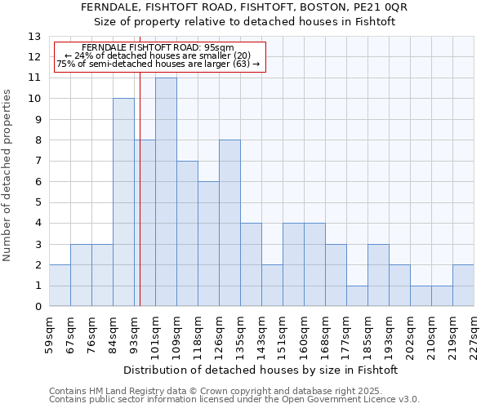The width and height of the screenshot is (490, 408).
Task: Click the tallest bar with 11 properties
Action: [x=166, y=192]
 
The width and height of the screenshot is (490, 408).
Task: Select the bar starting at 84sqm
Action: [x=123, y=202]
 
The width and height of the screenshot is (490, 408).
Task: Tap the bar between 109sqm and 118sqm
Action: [x=187, y=233]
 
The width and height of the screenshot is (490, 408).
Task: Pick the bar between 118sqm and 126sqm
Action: [x=208, y=244]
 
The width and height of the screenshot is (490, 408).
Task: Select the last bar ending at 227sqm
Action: [x=463, y=286]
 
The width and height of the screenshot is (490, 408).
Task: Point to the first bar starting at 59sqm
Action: [x=60, y=286]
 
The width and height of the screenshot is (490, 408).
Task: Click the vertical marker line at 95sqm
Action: [x=140, y=180]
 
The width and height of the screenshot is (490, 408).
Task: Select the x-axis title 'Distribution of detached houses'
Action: [x=261, y=370]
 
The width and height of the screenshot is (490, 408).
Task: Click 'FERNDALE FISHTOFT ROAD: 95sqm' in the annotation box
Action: [x=158, y=47]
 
